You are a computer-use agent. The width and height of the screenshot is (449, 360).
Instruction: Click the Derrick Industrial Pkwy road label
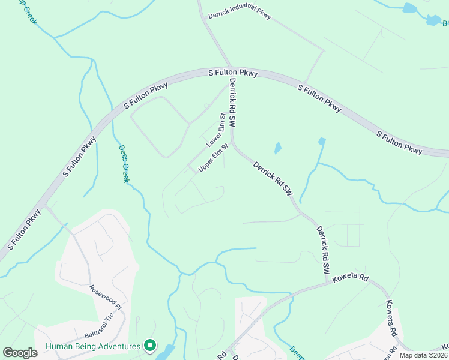tap(240, 14)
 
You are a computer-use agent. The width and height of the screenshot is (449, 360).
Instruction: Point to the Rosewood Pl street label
tap(106, 297)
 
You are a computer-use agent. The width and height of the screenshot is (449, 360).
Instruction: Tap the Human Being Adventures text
tap(93, 346)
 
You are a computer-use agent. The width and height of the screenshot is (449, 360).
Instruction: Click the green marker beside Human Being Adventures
tap(150, 346)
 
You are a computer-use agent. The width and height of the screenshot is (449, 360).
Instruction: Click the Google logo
tap(20, 353)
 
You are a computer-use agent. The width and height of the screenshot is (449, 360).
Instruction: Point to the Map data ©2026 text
tap(423, 355)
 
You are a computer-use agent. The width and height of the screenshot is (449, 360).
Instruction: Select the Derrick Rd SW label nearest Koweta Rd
tap(323, 250)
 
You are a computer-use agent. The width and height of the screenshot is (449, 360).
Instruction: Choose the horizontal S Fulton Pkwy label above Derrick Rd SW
tap(233, 73)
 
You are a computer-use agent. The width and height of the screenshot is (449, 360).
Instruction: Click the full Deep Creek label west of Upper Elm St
tap(124, 164)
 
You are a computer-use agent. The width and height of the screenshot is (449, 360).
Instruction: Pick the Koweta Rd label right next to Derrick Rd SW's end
tap(351, 278)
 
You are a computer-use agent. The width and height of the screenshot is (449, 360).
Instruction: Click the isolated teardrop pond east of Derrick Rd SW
tap(277, 148)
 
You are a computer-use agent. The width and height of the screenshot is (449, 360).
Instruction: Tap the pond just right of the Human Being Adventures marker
tap(166, 352)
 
